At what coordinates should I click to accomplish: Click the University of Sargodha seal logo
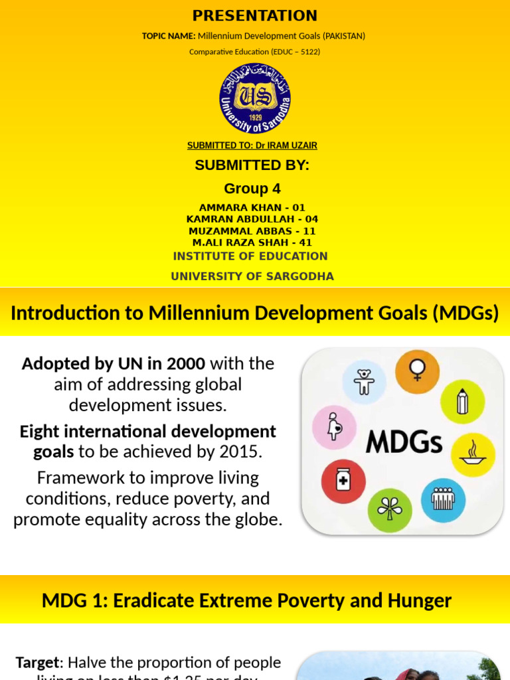pos(255,99)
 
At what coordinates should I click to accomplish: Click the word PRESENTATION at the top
pos(255,16)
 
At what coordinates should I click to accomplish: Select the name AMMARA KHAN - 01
pos(252,208)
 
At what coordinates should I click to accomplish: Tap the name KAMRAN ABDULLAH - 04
pos(252,219)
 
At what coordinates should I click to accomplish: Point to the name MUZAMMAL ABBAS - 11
pos(252,231)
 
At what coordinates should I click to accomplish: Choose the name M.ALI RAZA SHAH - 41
pos(252,243)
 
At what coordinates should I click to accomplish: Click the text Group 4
pos(252,189)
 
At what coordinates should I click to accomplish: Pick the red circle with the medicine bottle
pos(343,480)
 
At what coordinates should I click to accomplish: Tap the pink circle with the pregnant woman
pos(334,426)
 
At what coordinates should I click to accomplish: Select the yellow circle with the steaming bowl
pos(473,455)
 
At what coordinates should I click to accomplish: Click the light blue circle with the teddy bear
pos(364,383)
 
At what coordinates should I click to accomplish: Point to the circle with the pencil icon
pos(463,402)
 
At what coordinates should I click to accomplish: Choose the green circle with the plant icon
pos(389,510)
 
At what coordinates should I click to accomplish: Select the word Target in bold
pos(37,662)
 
